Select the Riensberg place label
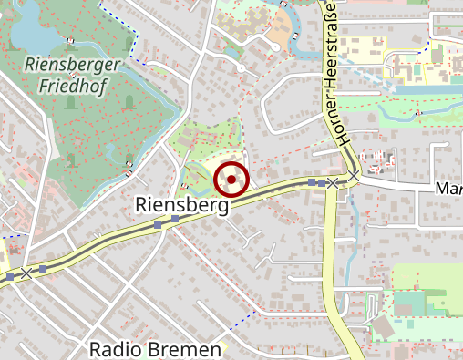pyautogui.click(x=180, y=206)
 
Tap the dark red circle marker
pyautogui.click(x=231, y=180)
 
